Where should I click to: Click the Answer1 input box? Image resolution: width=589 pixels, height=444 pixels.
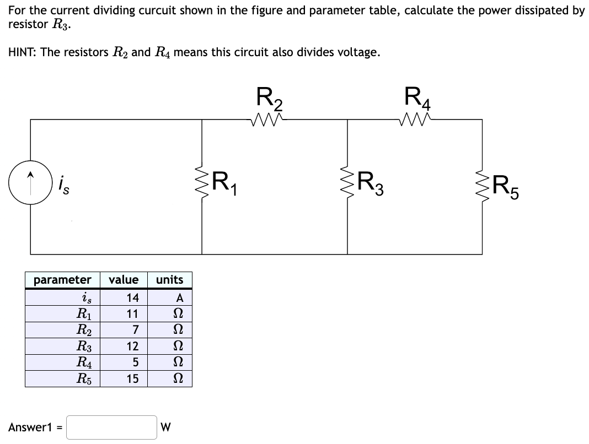click(x=112, y=427)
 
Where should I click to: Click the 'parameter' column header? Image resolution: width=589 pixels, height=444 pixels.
click(x=62, y=280)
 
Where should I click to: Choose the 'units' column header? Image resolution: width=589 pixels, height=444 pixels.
click(x=169, y=280)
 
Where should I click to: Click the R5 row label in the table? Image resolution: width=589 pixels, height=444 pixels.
click(x=84, y=379)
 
